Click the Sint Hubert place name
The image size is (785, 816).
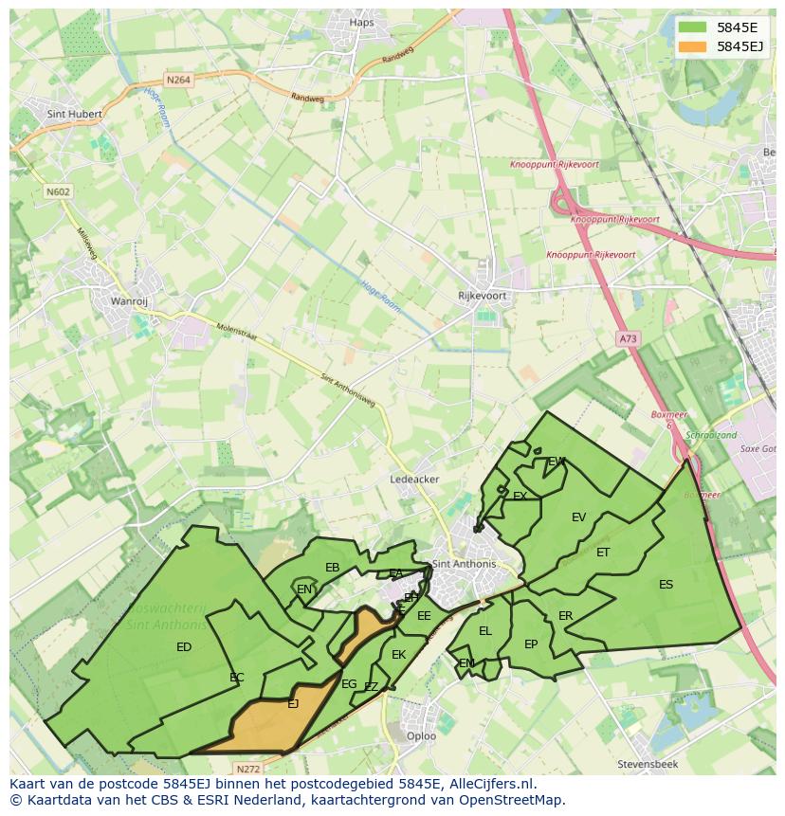point(73,114)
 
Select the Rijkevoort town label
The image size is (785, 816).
point(483,296)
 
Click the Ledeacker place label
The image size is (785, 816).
point(414,480)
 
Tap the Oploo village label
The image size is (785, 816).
point(421,735)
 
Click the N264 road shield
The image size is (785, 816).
point(177,81)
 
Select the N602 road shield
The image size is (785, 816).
point(58,191)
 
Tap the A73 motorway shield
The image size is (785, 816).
point(627,338)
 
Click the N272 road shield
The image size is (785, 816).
point(247,769)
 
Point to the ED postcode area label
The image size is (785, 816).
point(184,647)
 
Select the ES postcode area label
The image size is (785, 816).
point(666,585)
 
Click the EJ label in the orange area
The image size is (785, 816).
point(293,703)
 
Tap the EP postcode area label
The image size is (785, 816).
point(531,644)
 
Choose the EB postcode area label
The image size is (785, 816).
point(332,568)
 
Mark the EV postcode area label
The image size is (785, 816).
point(578,517)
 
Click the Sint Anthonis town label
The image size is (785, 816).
point(464,564)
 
